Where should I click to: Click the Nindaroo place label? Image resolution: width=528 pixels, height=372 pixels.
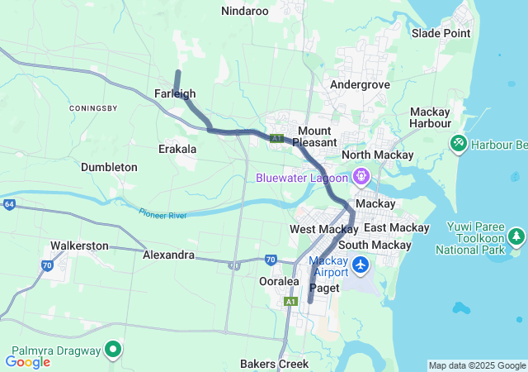(245, 11)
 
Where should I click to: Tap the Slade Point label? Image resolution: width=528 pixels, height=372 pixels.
(441, 33)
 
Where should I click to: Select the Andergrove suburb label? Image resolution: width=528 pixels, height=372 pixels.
(359, 84)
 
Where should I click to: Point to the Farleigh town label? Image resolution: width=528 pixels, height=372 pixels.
(175, 94)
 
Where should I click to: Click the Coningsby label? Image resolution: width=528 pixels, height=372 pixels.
(93, 108)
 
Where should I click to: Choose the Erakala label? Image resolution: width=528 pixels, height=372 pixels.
(177, 149)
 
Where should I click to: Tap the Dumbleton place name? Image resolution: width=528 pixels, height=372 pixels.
(109, 167)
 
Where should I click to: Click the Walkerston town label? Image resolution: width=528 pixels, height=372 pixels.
(79, 246)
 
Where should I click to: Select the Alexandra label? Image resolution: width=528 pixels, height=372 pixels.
(168, 255)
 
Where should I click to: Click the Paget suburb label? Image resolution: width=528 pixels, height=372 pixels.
(324, 288)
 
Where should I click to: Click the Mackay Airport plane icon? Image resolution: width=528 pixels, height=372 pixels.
(361, 265)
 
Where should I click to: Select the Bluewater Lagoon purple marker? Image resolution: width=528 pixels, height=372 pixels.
(361, 176)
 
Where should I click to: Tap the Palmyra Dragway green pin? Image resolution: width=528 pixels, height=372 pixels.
(113, 350)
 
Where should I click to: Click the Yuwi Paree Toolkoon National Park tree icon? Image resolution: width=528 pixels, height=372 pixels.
(516, 237)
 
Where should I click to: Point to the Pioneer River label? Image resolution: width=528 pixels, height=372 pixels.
(163, 212)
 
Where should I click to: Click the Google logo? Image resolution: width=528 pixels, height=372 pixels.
(27, 361)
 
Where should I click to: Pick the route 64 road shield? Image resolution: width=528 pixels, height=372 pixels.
(8, 203)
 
